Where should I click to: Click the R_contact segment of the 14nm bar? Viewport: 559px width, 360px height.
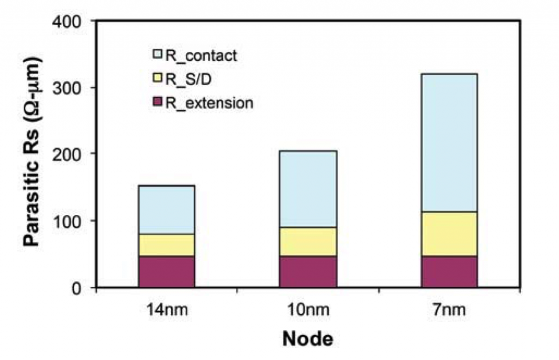(166, 210)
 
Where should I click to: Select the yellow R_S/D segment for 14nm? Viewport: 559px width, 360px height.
(166, 245)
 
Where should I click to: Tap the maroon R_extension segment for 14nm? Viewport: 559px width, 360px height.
(166, 272)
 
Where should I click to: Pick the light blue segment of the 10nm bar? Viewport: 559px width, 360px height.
(308, 189)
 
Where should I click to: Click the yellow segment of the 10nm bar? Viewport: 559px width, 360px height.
(308, 242)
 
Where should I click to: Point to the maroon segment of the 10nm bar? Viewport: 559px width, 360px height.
(308, 272)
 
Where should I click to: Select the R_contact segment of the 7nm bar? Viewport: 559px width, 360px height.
(449, 142)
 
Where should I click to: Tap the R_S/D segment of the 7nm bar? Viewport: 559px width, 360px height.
(449, 234)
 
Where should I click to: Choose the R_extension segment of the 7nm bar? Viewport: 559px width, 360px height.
(449, 272)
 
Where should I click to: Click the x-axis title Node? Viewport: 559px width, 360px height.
(307, 339)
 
